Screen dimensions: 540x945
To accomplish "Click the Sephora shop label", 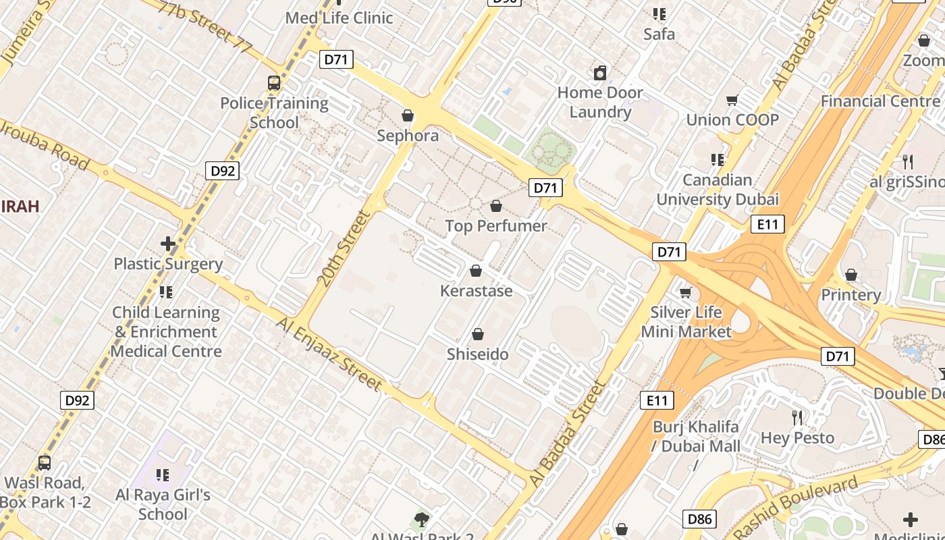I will click(408, 136).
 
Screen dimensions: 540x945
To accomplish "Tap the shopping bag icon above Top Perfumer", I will click(496, 206).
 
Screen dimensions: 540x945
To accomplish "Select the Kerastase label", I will click(477, 291).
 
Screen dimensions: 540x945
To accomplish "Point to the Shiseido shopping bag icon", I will click(478, 334).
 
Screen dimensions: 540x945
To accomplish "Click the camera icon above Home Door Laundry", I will click(599, 73).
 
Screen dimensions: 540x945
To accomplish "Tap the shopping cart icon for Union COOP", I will click(732, 101).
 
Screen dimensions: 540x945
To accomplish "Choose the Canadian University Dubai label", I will click(718, 190).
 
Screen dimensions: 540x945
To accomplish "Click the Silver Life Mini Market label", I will click(686, 322).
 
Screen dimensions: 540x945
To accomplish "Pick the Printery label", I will click(850, 295).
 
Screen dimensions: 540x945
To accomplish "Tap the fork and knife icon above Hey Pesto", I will click(797, 418).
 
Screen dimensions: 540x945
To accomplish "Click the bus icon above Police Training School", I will click(273, 83).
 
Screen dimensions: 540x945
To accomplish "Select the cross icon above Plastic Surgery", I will click(168, 244).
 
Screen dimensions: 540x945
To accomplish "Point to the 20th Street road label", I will click(344, 248).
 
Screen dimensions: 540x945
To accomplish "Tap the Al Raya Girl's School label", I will click(163, 504).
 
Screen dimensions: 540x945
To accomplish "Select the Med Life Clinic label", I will click(339, 18).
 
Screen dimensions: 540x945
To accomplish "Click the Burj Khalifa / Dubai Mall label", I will click(696, 437).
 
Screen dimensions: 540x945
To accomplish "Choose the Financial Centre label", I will click(880, 101).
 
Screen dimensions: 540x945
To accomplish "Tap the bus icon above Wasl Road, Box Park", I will click(45, 463).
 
